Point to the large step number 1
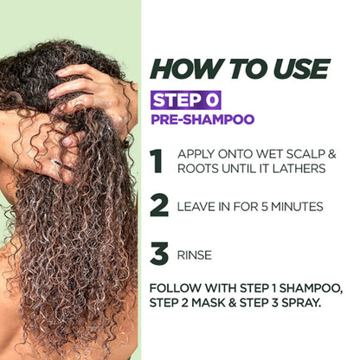(157, 162)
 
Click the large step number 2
(158, 207)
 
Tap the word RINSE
(194, 255)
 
